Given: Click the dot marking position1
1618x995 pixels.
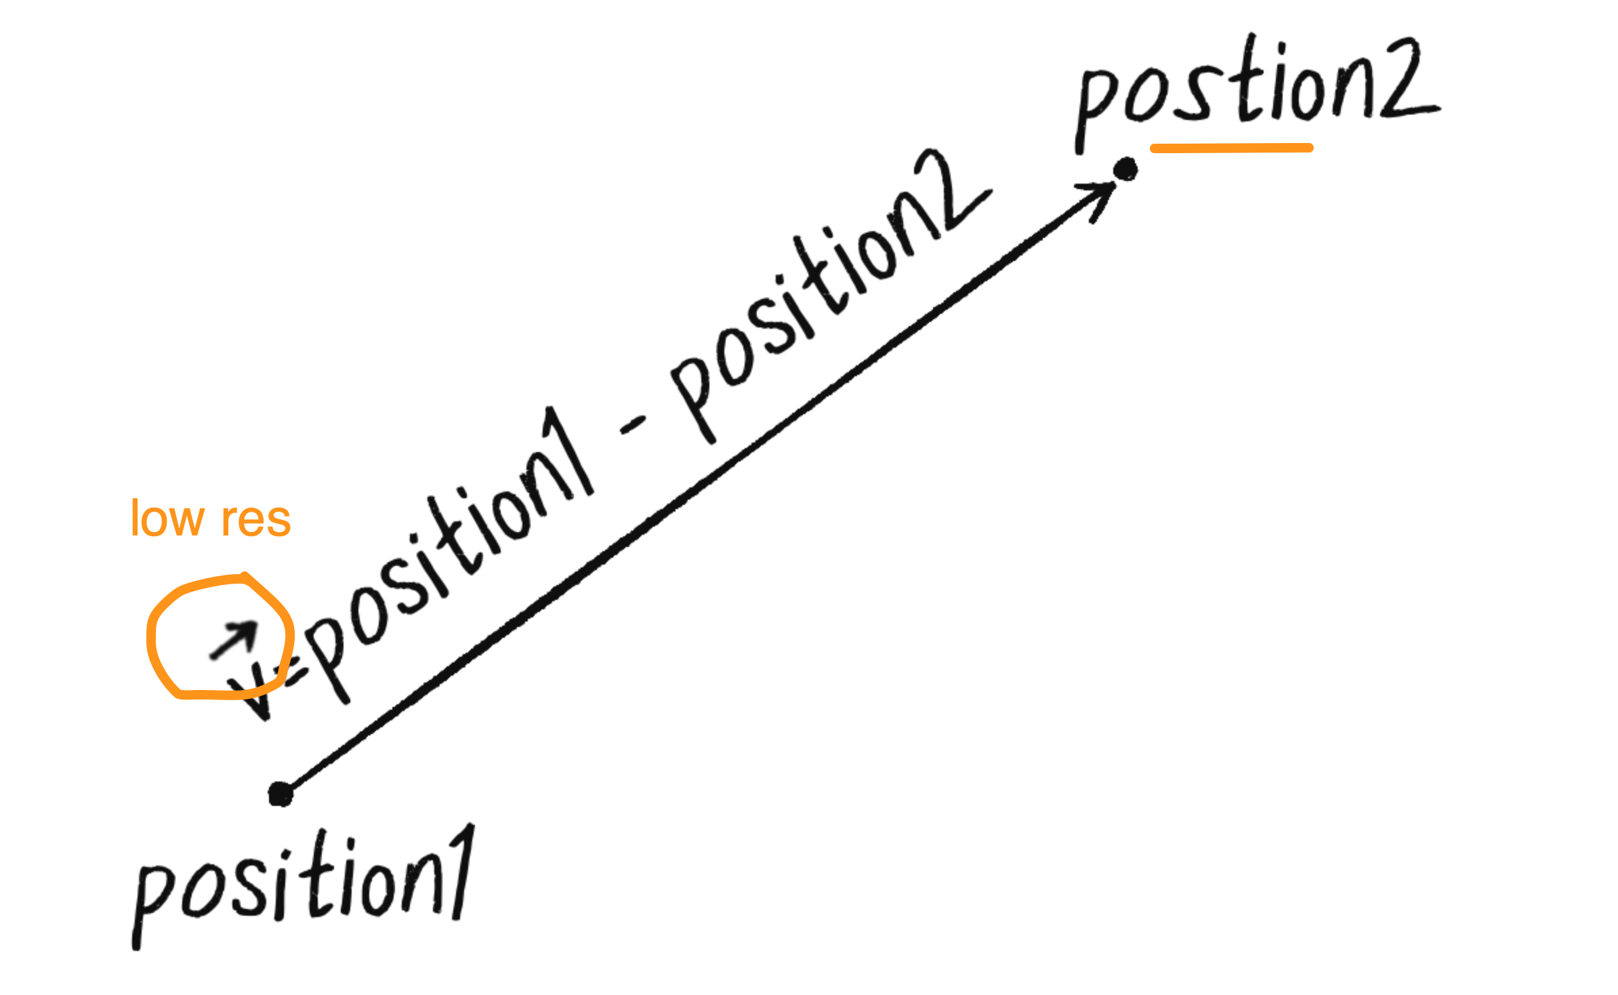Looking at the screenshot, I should pyautogui.click(x=280, y=794).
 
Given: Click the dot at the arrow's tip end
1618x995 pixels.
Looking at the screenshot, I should pyautogui.click(x=1126, y=169).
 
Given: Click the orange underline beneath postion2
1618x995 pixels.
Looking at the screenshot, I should pyautogui.click(x=1231, y=148).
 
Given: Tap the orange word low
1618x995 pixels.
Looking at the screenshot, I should pyautogui.click(x=167, y=519).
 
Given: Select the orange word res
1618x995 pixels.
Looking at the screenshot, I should pyautogui.click(x=256, y=521).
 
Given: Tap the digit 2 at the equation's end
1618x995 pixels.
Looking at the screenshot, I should pyautogui.click(x=952, y=193).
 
